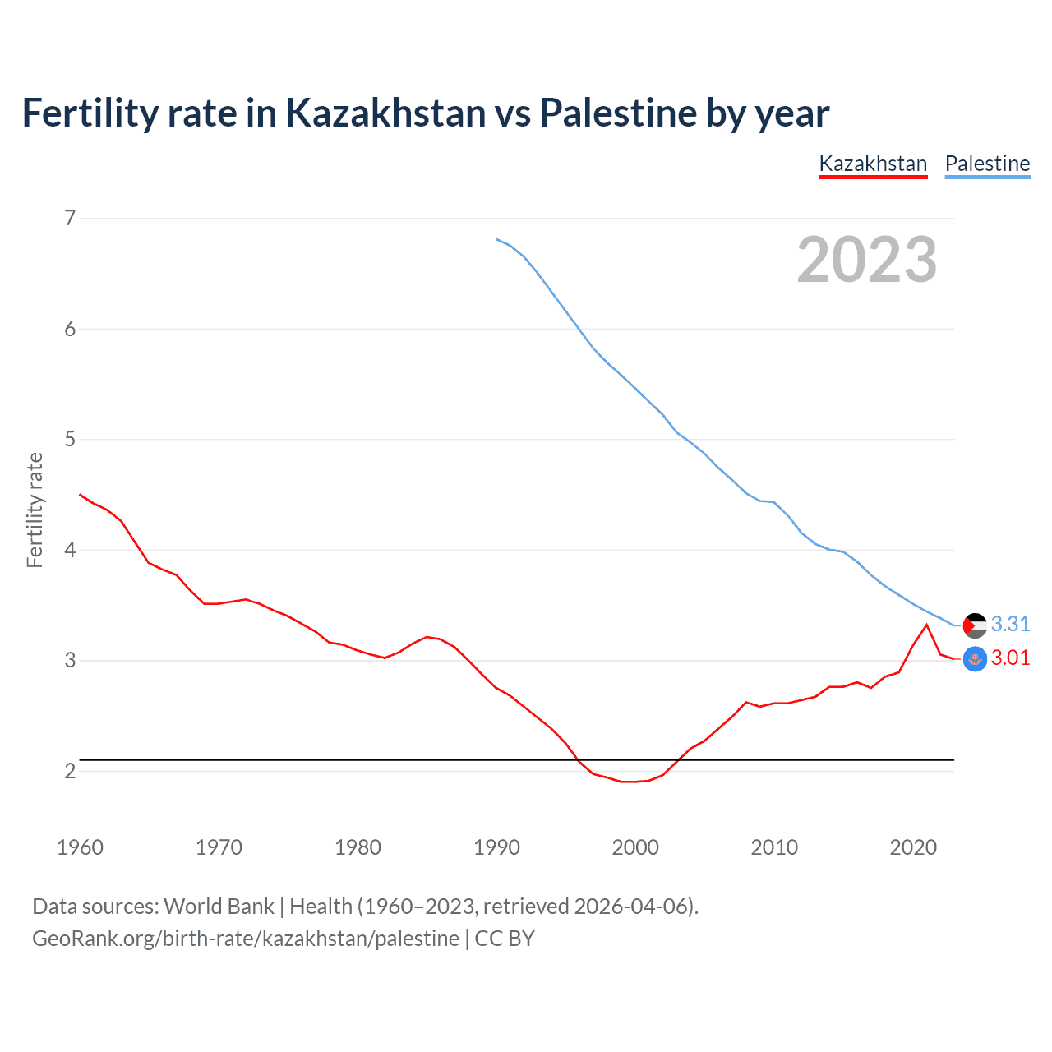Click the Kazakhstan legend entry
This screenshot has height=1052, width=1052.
(x=873, y=164)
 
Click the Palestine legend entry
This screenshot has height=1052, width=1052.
(x=987, y=164)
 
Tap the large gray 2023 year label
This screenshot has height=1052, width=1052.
(x=867, y=260)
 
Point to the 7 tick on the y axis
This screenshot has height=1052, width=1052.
(x=70, y=218)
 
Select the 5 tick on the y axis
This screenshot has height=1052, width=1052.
(x=70, y=439)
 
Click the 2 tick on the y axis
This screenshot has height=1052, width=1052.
(x=70, y=771)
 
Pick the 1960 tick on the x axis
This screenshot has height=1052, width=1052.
(x=80, y=847)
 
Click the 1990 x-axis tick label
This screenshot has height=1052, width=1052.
(x=496, y=847)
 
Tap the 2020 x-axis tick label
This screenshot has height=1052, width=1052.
(x=913, y=847)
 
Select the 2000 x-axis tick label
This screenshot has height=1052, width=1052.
(x=635, y=847)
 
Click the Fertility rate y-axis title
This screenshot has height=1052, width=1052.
(x=35, y=510)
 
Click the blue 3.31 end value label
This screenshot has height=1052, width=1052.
(x=1010, y=624)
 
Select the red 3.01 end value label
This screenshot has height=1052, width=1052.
(x=1010, y=657)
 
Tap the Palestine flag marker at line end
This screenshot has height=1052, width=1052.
(x=975, y=625)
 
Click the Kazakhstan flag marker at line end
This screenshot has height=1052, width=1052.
(x=975, y=659)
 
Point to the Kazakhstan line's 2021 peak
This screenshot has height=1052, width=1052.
(x=926, y=625)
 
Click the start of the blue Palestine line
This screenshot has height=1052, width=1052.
(x=496, y=239)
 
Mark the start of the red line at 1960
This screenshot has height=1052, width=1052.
(x=80, y=494)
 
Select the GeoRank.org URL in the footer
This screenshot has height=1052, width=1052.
(x=246, y=939)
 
